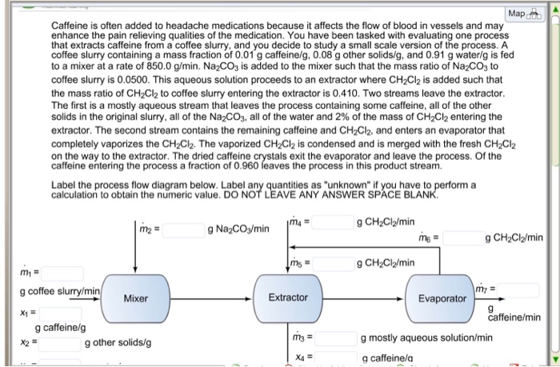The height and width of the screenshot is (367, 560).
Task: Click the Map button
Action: pyautogui.click(x=522, y=14)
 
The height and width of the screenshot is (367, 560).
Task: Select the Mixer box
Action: pyautogui.click(x=135, y=298)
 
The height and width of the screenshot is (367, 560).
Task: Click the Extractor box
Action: pyautogui.click(x=288, y=297)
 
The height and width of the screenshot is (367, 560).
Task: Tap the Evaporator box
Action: pyautogui.click(x=442, y=297)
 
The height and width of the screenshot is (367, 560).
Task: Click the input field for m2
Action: pyautogui.click(x=185, y=230)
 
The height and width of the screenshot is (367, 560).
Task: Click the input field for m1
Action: pyautogui.click(x=56, y=273)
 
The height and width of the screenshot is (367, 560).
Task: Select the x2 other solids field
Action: pyautogui.click(x=56, y=343)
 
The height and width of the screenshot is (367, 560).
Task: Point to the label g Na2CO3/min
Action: pyautogui.click(x=238, y=230)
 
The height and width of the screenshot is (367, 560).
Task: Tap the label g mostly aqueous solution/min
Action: pyautogui.click(x=426, y=338)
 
